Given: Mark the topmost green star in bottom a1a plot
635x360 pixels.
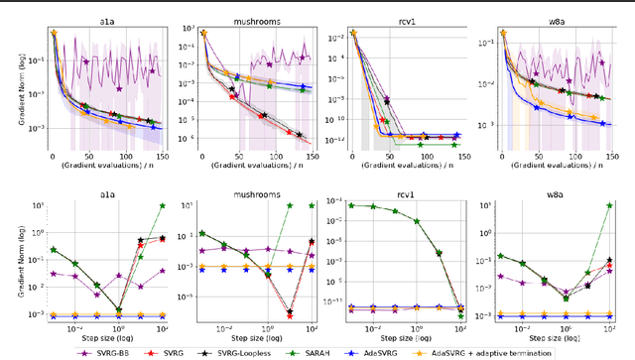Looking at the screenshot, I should pyautogui.click(x=162, y=204).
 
